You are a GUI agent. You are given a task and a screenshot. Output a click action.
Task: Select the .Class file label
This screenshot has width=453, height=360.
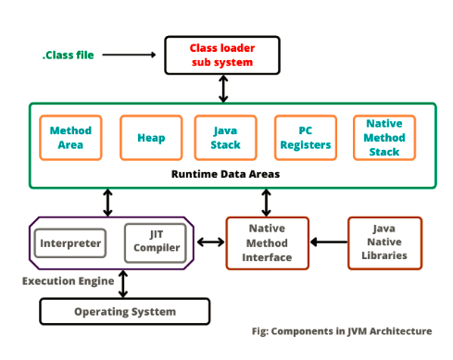pyautogui.click(x=69, y=55)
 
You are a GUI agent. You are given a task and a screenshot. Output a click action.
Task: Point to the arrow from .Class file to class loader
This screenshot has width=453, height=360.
pyautogui.click(x=129, y=55)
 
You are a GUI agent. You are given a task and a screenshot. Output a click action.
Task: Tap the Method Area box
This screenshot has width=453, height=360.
pyautogui.click(x=69, y=138)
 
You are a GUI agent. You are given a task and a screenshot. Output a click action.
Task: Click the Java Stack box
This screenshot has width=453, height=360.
pyautogui.click(x=224, y=138)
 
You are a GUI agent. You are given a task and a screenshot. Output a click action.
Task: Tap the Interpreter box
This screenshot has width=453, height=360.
pyautogui.click(x=69, y=242)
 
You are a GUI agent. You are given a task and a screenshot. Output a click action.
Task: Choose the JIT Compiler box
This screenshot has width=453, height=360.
pyautogui.click(x=154, y=242)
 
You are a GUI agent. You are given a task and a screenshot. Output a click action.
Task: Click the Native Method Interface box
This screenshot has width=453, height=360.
pyautogui.click(x=267, y=242)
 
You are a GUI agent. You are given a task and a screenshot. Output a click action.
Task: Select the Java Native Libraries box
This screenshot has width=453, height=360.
pyautogui.click(x=384, y=242)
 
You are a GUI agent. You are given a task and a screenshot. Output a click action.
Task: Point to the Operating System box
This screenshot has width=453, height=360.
pyautogui.click(x=124, y=312)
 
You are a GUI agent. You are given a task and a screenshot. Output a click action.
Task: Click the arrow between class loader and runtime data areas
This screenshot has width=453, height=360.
pyautogui.click(x=223, y=88)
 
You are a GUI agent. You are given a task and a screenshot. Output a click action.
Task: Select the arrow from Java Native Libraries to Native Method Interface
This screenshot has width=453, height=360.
pyautogui.click(x=327, y=242)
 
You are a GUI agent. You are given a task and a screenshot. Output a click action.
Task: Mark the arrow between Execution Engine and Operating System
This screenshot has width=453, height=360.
pyautogui.click(x=123, y=283)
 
